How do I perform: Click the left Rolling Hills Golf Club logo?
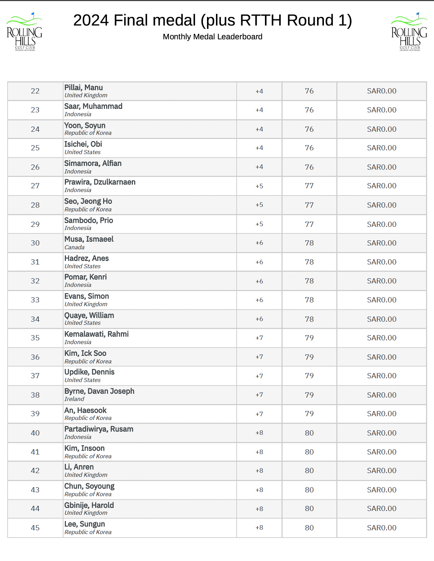pyautogui.click(x=24, y=32)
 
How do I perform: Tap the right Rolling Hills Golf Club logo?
pyautogui.click(x=409, y=32)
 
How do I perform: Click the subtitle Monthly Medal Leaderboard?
pyautogui.click(x=213, y=37)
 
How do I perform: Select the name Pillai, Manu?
pyautogui.click(x=83, y=88)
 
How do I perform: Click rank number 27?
pyautogui.click(x=35, y=186)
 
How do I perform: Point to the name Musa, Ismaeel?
pyautogui.click(x=89, y=239)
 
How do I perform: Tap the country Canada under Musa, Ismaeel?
pyautogui.click(x=75, y=247)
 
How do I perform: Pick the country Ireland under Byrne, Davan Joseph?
pyautogui.click(x=74, y=399)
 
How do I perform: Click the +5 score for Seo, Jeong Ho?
pyautogui.click(x=259, y=205)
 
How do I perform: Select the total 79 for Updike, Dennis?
pyautogui.click(x=309, y=376)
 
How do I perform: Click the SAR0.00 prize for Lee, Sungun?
pyautogui.click(x=382, y=528)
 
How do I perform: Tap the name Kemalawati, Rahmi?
pyautogui.click(x=97, y=334)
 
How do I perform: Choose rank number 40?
pyautogui.click(x=35, y=433)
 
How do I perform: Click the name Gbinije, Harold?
pyautogui.click(x=89, y=505)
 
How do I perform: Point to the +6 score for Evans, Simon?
pyautogui.click(x=259, y=300)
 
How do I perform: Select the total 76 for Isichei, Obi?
pyautogui.click(x=309, y=148)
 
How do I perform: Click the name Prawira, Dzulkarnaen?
pyautogui.click(x=100, y=182)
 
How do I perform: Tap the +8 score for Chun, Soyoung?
pyautogui.click(x=259, y=490)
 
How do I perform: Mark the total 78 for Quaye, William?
pyautogui.click(x=309, y=319)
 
